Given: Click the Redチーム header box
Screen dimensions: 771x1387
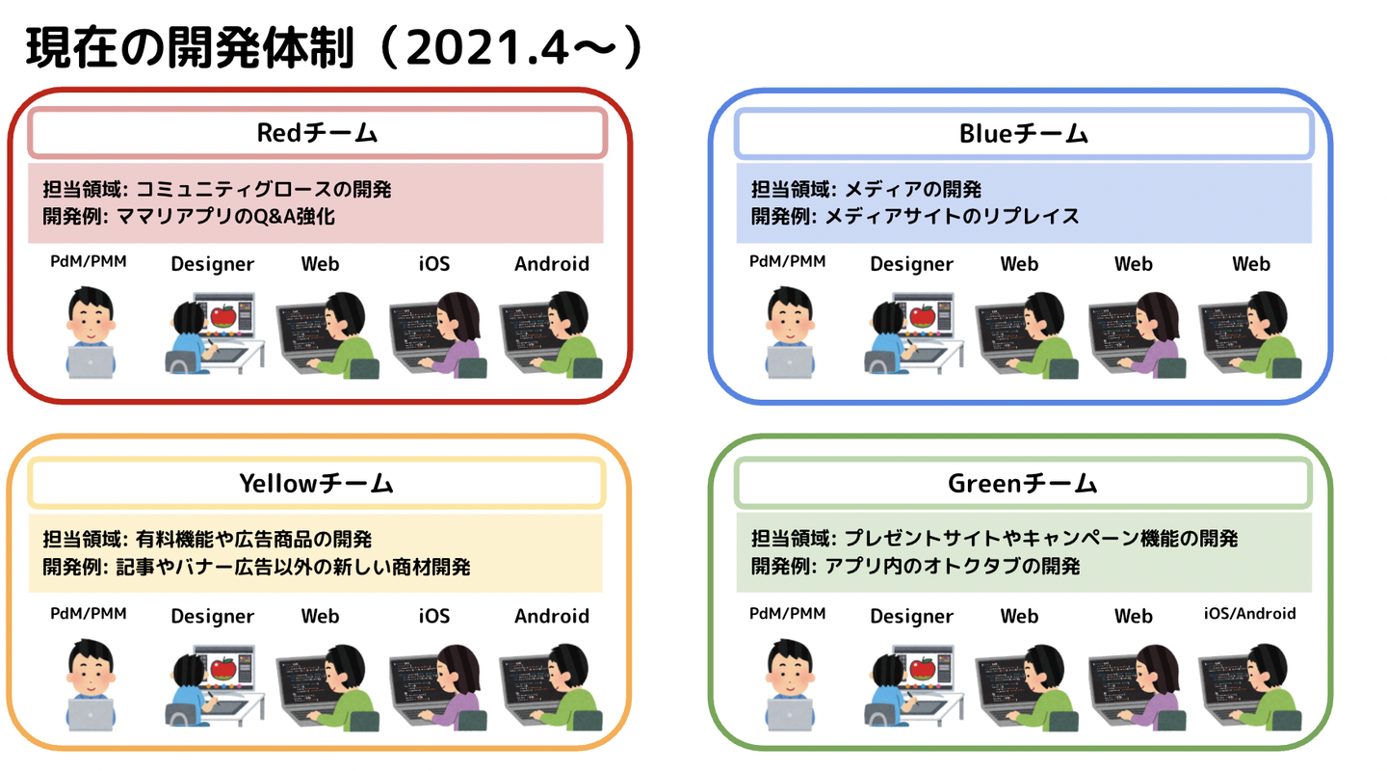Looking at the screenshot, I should pos(317,133).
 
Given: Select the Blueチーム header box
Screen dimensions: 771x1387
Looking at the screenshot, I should pos(1023,133).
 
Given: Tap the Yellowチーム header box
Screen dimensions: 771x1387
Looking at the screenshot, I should pos(317,483).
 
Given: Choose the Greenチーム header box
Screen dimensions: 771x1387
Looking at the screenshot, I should pos(1023,483).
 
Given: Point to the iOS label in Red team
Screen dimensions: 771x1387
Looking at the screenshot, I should pos(433,263).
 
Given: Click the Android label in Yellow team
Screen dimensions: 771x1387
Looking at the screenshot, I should pos(552,615).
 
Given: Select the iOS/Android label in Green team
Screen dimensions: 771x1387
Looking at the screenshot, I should pos(1250,613).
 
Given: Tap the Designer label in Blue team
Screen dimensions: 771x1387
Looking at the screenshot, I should pos(911,263).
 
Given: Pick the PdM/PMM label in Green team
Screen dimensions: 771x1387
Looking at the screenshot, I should pos(787,613).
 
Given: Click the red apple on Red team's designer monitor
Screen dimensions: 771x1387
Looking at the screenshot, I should pos(222,314).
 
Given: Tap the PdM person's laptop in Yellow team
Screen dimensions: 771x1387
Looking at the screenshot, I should pos(91,714).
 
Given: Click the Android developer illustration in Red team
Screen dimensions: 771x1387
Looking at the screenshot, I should pos(552,333).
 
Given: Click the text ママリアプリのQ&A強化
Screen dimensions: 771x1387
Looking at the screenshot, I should pos(225,217).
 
